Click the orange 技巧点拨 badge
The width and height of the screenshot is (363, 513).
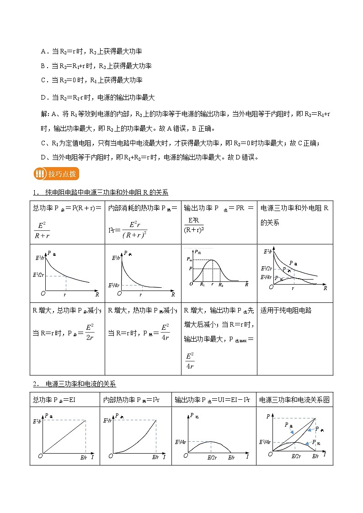pos(56,174)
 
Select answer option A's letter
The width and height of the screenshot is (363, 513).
pos(43,52)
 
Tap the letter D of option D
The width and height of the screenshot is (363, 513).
pos(43,97)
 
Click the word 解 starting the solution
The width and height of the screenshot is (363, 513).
pos(43,114)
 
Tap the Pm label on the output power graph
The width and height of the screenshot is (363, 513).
pos(190,259)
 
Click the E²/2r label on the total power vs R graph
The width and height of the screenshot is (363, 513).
pos(38,275)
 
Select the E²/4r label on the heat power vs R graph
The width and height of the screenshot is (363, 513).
pos(114,286)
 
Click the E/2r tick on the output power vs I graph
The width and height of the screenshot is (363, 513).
pos(212,457)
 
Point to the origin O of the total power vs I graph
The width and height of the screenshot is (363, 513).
pos(40,455)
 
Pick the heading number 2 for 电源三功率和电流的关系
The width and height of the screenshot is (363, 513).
pos(35,384)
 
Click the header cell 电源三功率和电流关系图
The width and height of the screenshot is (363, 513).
pos(294,400)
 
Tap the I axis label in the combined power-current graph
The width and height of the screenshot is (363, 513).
pos(325,455)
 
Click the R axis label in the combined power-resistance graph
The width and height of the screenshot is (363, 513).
pos(325,289)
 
